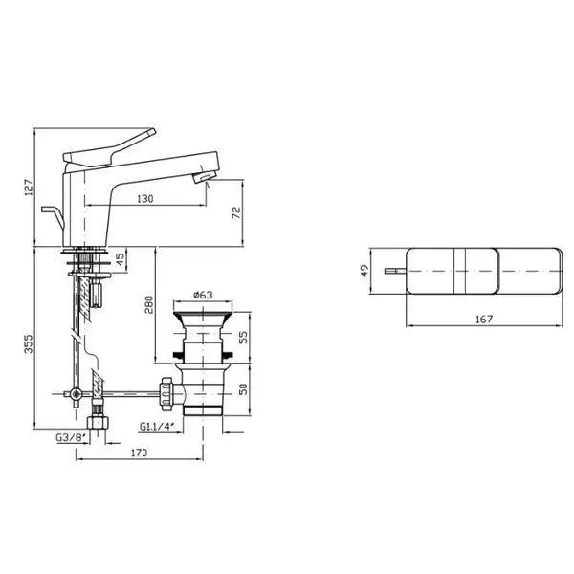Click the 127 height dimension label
point(29,188)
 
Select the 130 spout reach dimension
point(145,199)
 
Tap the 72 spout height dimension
point(236,212)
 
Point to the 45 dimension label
point(120,259)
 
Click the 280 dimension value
point(148,304)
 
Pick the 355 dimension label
point(29,343)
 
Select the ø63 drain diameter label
point(203,295)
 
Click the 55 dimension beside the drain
point(243,337)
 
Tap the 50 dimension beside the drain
point(243,389)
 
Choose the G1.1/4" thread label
point(156,426)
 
